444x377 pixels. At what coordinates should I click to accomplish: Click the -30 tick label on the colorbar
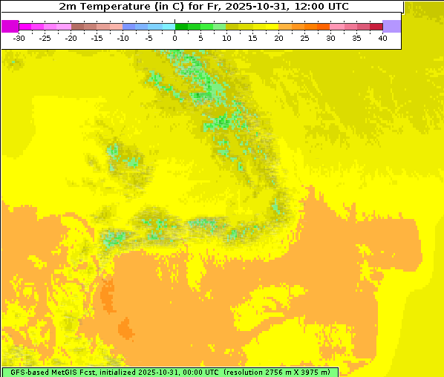[19, 38]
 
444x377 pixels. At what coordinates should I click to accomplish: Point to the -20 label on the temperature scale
[71, 38]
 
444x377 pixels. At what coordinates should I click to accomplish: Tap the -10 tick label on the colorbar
[123, 38]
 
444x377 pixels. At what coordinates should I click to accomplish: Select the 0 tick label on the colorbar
[175, 38]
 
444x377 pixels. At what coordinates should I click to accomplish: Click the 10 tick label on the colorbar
[226, 38]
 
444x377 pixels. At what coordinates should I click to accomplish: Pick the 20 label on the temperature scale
[278, 38]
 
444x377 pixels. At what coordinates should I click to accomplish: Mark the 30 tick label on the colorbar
[330, 38]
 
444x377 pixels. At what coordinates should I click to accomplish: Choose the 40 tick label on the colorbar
[382, 38]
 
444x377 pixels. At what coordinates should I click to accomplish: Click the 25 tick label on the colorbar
[304, 38]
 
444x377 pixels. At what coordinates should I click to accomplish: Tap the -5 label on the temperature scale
[149, 38]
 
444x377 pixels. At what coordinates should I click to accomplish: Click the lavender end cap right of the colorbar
[392, 26]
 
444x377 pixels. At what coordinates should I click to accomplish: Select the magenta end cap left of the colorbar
[10, 26]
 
